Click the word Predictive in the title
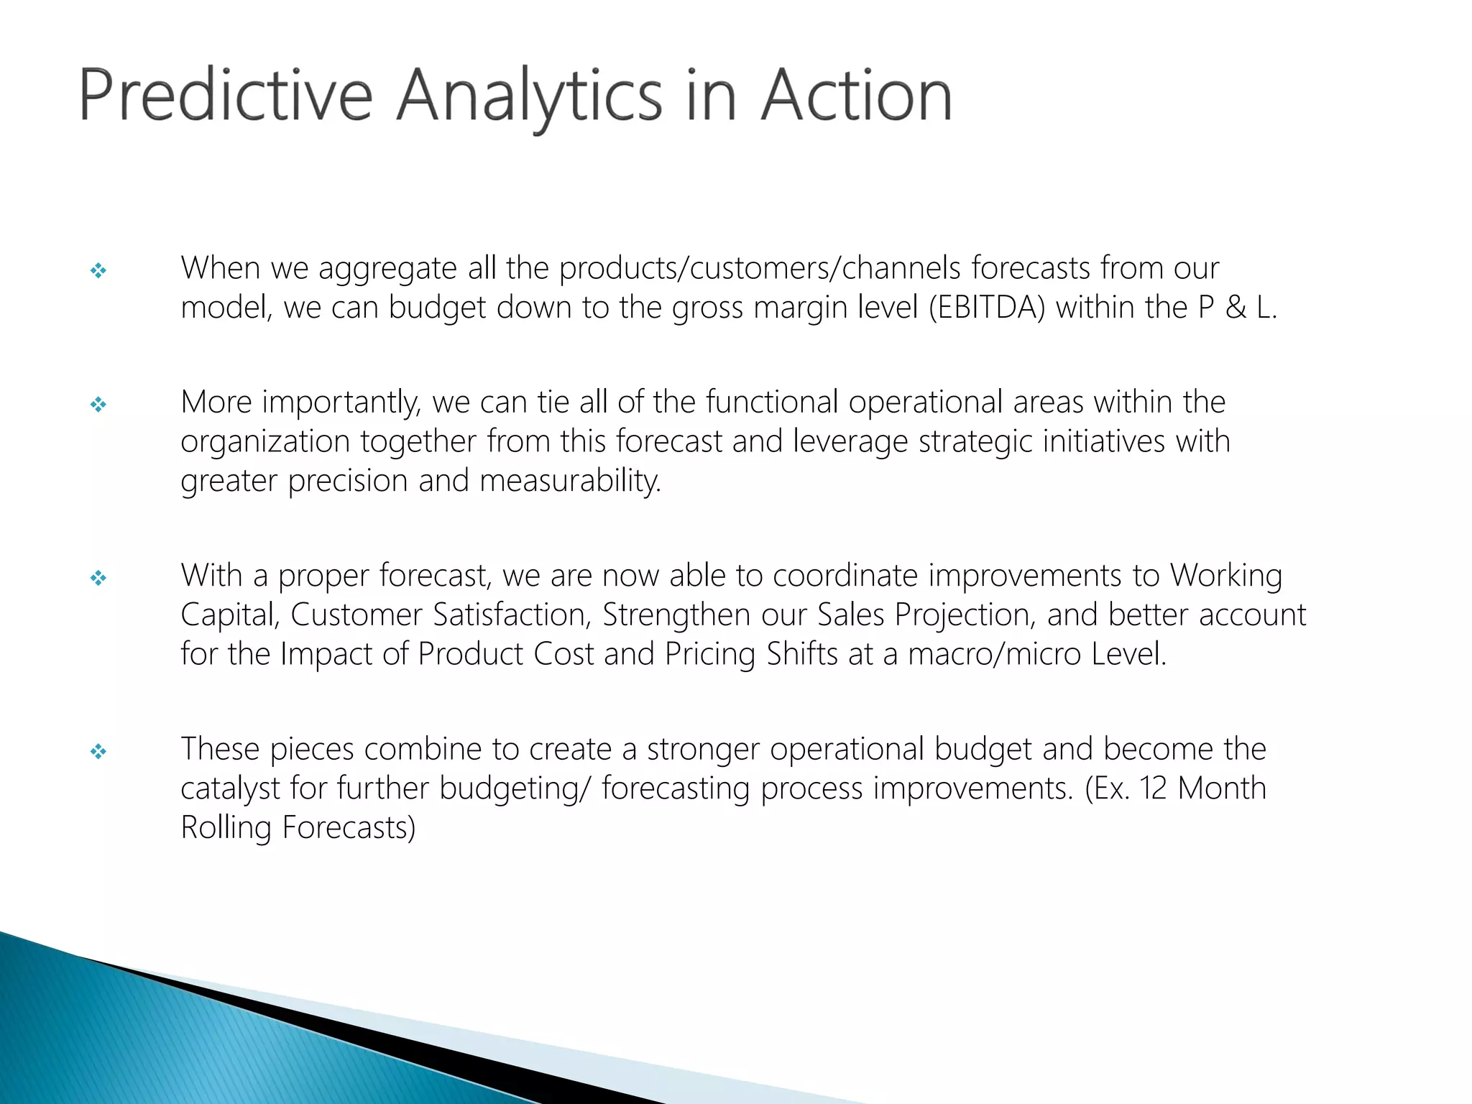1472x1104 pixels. pyautogui.click(x=225, y=96)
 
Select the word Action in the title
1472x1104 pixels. pyautogui.click(x=856, y=96)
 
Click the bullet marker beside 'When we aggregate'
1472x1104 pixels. pyautogui.click(x=98, y=271)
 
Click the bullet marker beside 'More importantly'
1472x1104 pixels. pyautogui.click(x=98, y=405)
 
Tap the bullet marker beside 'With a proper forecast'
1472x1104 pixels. pyautogui.click(x=98, y=578)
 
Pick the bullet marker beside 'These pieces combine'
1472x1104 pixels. pyautogui.click(x=98, y=752)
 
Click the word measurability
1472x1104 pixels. pyautogui.click(x=570, y=481)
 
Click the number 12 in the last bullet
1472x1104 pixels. pyautogui.click(x=1153, y=788)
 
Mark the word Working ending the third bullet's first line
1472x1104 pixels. pyautogui.click(x=1225, y=576)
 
